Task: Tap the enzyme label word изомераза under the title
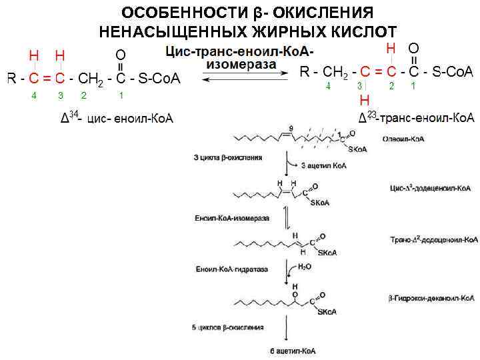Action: (x=241, y=64)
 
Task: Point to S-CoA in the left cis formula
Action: (x=159, y=79)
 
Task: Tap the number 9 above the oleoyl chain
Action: (x=291, y=127)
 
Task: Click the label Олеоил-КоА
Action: (x=404, y=140)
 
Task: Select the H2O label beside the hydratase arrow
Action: (x=304, y=266)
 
